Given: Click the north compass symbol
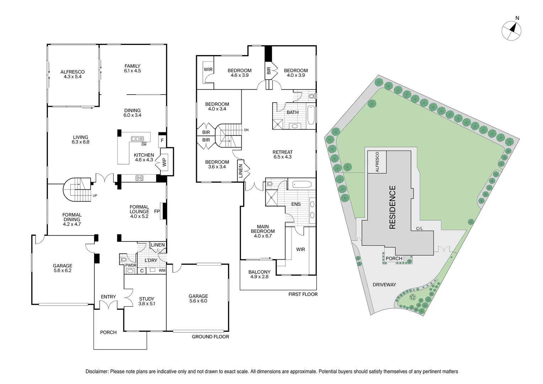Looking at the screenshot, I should point(512,30).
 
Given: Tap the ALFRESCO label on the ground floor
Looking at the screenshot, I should point(72,72).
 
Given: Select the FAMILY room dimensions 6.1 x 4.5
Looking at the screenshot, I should point(133,71).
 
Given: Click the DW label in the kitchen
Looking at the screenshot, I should point(144,144).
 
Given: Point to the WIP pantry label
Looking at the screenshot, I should point(164,162).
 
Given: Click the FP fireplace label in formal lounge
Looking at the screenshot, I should point(157,212).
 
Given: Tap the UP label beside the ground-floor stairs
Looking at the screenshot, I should point(95,196).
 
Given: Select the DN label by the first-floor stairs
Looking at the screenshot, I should point(246,130).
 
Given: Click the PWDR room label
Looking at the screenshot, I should point(131,266).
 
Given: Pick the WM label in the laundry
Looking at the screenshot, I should point(162,271).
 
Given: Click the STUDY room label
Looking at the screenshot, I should point(147,299).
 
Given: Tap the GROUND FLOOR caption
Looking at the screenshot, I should point(210,337).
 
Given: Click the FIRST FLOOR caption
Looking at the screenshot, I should point(303,294).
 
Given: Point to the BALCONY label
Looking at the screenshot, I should point(259,272).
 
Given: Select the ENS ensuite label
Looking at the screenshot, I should point(296,204).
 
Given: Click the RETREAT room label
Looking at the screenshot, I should point(283,152).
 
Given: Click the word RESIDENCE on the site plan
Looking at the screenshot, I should point(393,207).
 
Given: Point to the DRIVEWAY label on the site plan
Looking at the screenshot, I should point(384,285).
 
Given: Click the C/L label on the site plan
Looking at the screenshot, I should point(419,229).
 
